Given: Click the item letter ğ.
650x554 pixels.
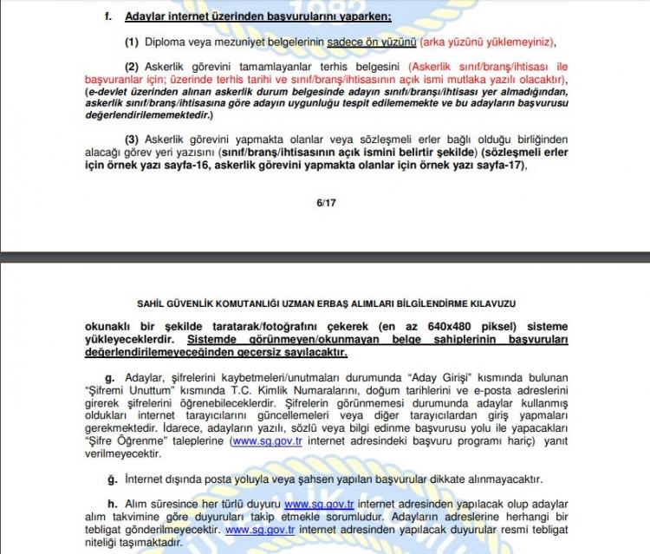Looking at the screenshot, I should (108, 478).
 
